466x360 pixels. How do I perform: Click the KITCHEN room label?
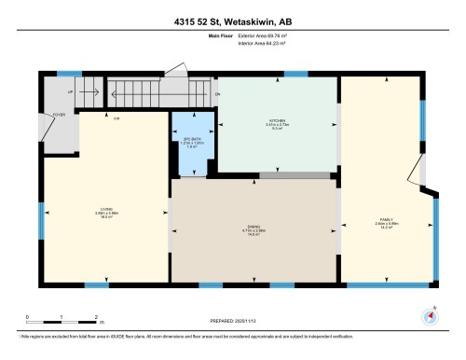coord(276,121)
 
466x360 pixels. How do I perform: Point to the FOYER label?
coord(58,116)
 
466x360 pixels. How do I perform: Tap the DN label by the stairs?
coord(216,94)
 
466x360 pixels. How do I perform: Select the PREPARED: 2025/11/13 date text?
coord(233,322)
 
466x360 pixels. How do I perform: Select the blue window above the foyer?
coord(69,74)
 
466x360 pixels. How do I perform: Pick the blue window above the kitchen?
coord(296,74)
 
